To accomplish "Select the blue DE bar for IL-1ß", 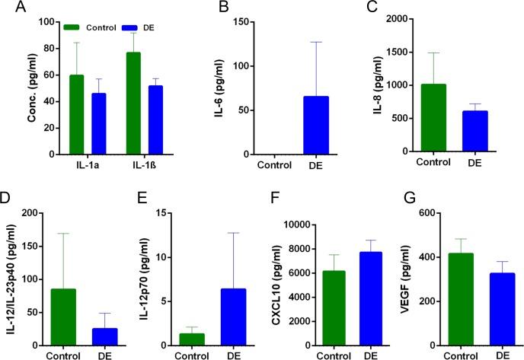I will coord(156,119).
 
